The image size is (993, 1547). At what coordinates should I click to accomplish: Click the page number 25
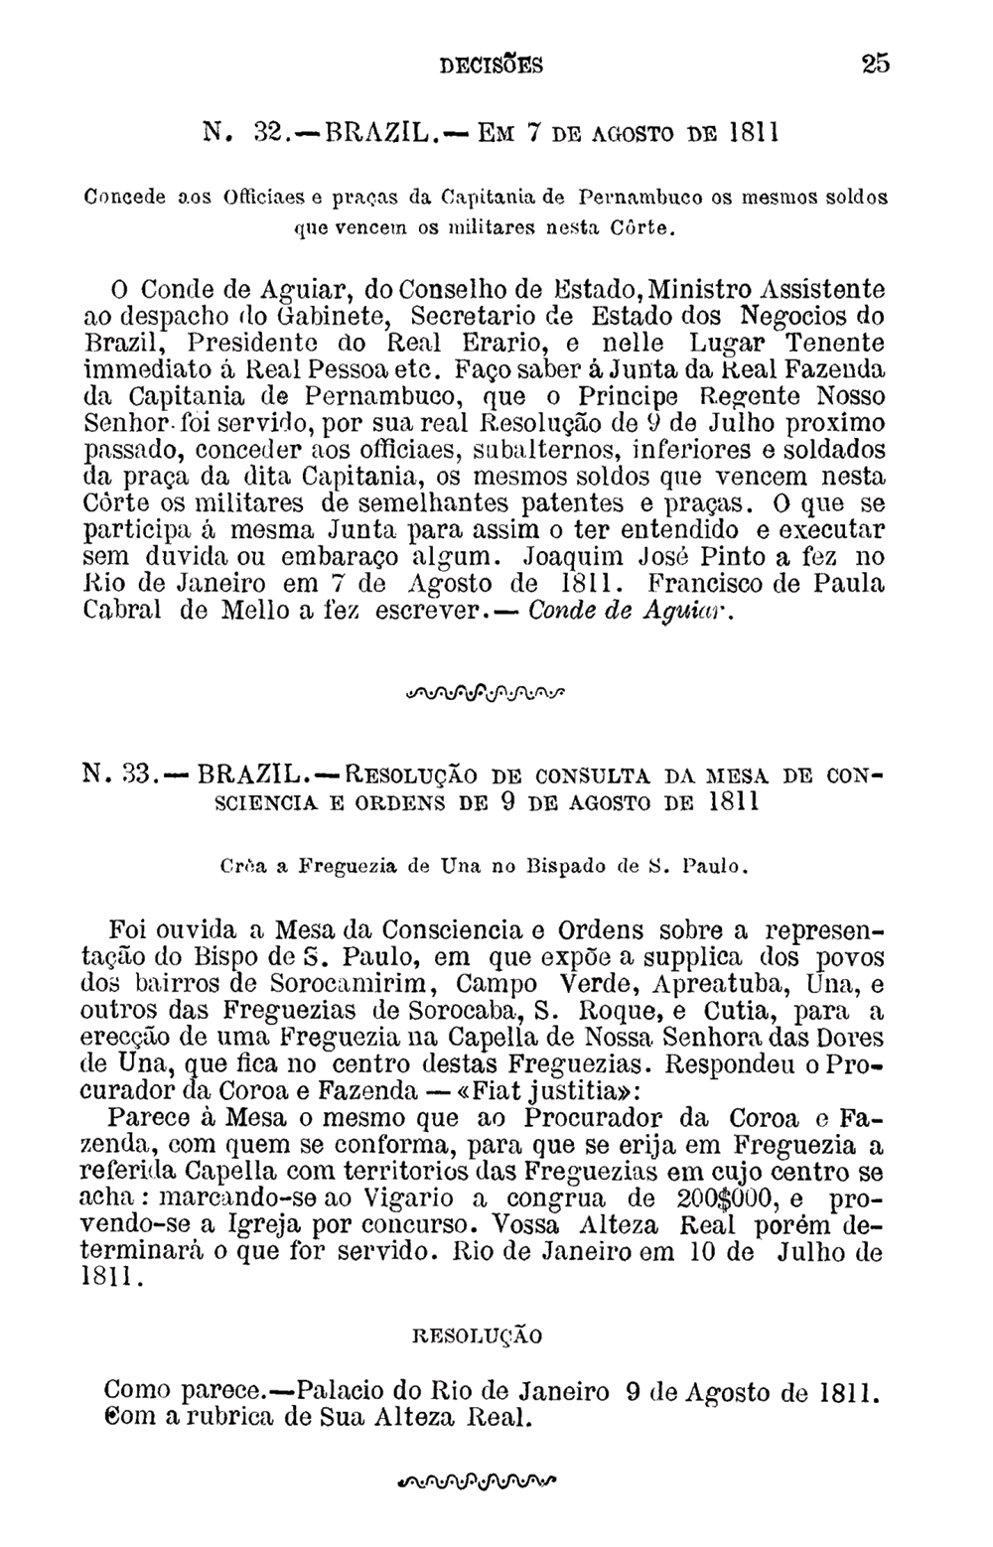coord(876,66)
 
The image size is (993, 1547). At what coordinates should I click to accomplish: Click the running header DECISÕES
coord(491,67)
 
